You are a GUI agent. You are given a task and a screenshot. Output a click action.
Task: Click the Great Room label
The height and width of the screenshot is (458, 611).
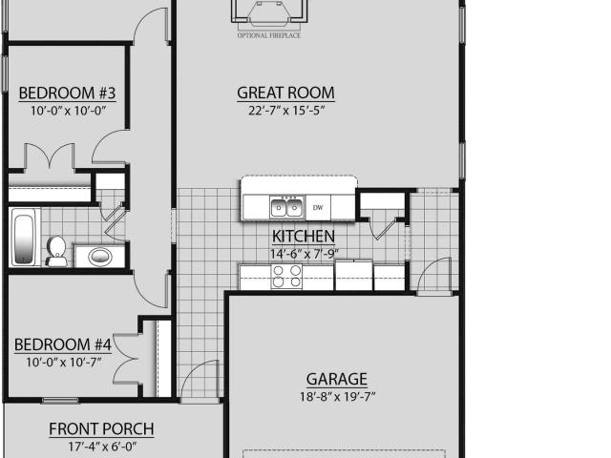285,93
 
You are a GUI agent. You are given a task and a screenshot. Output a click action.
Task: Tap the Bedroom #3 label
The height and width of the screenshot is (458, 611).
67,94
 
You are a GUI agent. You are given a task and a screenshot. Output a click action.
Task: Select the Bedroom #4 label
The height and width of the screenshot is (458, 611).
63,344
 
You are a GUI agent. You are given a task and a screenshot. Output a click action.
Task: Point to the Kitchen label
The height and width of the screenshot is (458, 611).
304,236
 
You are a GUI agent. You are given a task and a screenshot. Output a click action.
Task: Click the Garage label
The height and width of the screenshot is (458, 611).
337,379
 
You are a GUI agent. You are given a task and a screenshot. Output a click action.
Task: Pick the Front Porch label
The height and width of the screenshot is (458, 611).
101,428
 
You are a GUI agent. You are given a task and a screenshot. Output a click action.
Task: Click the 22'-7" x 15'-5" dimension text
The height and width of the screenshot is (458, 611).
286,111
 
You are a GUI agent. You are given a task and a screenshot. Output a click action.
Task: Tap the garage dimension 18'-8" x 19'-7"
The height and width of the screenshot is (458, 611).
337,397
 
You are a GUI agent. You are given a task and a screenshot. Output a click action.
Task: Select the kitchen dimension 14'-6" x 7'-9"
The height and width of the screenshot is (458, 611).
305,254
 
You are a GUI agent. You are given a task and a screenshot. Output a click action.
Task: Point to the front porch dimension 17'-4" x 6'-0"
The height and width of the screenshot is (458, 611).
102,447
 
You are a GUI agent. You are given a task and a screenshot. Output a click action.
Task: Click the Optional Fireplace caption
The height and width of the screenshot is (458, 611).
269,35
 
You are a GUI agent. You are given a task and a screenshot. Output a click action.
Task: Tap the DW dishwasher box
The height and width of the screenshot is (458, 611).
318,208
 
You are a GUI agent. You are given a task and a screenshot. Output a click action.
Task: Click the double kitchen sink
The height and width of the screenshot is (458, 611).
286,207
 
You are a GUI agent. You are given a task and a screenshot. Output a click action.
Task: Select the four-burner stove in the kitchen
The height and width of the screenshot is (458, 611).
286,277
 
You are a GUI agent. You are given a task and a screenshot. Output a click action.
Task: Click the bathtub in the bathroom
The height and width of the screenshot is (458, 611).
25,238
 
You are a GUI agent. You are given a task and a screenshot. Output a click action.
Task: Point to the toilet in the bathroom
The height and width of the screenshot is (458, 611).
56,252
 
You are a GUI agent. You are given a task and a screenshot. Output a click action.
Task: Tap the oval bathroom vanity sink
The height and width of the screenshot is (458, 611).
100,257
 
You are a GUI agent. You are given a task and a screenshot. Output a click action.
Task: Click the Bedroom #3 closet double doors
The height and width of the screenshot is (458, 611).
50,156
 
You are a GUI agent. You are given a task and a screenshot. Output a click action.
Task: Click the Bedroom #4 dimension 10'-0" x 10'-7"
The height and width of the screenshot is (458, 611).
64,363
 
